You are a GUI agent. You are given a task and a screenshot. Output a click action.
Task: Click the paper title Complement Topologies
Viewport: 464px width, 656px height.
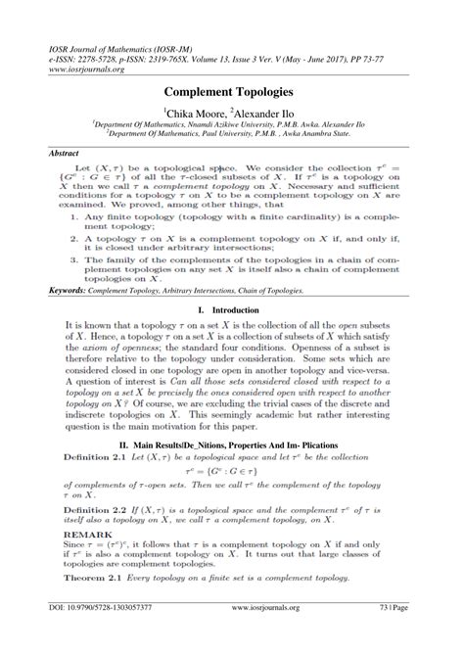point(232,91)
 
